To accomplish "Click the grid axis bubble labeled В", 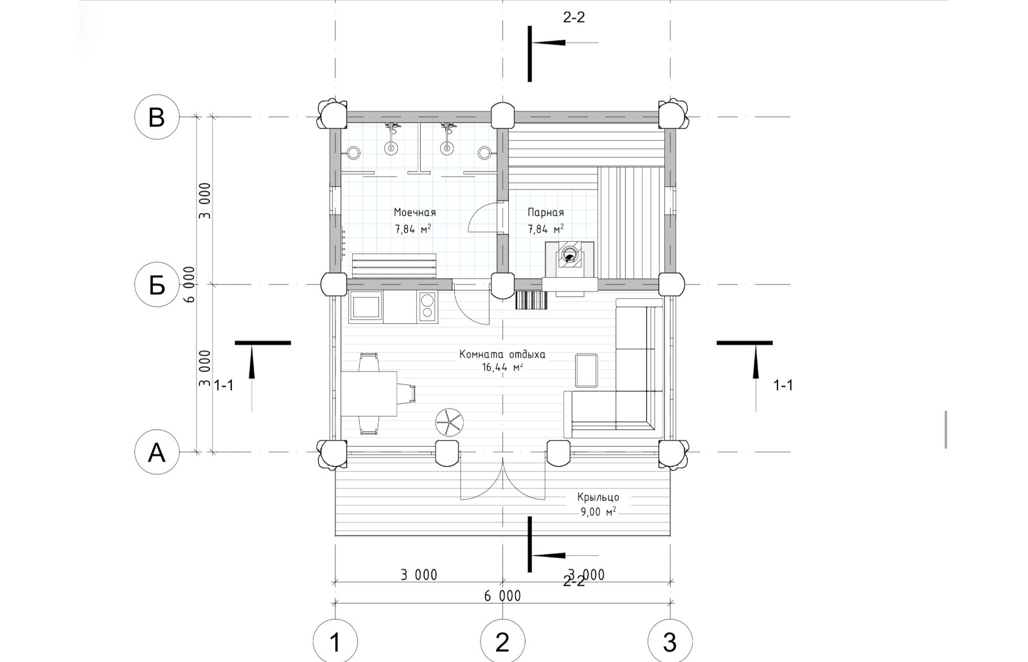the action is coord(157,117).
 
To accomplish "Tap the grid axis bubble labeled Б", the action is coord(157,285).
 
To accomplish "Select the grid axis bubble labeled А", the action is coord(157,452).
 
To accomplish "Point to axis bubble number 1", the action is coord(335,641).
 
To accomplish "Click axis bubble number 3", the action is coord(670,641).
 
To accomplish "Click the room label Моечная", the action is coord(414,213).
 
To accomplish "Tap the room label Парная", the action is coord(545,213).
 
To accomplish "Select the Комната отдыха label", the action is coord(502,354).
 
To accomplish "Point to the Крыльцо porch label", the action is coord(598,497).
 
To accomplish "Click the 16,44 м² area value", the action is coord(502,367).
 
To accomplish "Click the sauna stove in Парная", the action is coord(569,260).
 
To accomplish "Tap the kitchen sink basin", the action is coord(366,307).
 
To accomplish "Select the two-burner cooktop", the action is coord(427,307).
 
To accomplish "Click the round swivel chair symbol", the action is coord(450,422).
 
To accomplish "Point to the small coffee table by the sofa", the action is coord(587,370).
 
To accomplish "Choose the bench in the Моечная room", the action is coord(394,266).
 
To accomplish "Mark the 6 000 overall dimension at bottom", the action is coord(502,596).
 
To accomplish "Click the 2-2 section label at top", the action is coord(574,17).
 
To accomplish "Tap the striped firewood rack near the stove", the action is coord(531,300).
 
